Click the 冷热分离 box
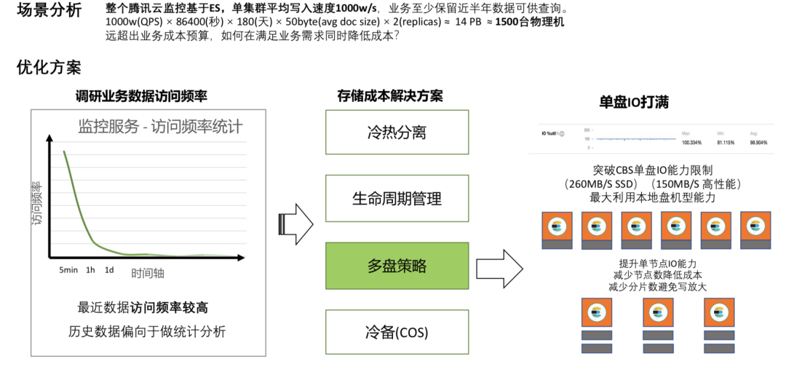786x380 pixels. coord(397,132)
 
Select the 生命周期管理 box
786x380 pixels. coord(397,199)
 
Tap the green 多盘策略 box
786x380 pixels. coord(397,266)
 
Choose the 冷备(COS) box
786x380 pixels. coord(397,333)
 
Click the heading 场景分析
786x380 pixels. coord(49,11)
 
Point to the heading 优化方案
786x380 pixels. coord(49,68)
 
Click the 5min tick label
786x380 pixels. coord(68,270)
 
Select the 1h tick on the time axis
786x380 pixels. coord(90,270)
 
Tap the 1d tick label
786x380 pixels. coord(109,270)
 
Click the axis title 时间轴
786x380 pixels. coord(148,273)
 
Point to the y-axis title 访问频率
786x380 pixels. coord(37,203)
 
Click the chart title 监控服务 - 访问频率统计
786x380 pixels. coord(160,127)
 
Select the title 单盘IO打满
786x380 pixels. coord(633,103)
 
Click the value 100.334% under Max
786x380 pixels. coord(691,143)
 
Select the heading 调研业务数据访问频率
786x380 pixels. coord(142,96)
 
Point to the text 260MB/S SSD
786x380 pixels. coord(601,183)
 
